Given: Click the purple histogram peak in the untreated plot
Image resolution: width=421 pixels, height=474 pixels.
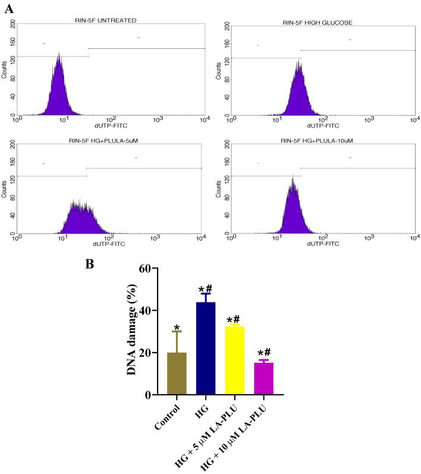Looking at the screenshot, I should click(x=58, y=89).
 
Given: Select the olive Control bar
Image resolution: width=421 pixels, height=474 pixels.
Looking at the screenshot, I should click(x=176, y=373).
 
